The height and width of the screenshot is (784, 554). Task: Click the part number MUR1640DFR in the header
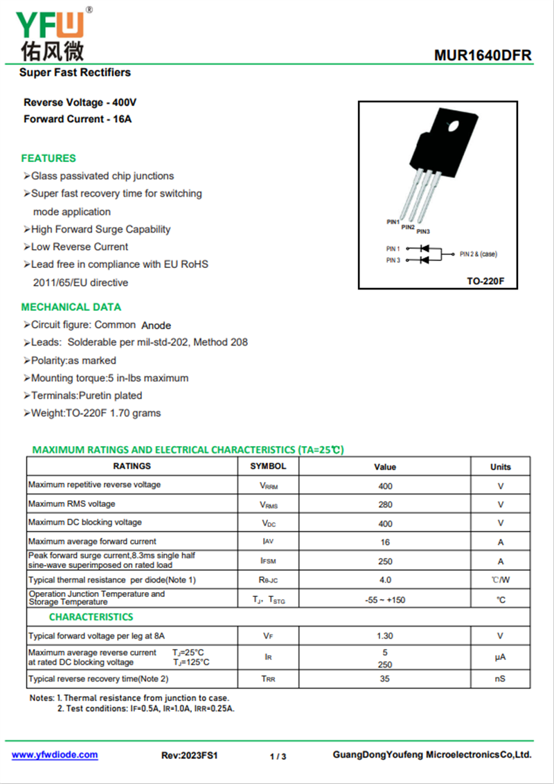(483, 55)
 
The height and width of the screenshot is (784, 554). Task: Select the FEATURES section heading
(48, 158)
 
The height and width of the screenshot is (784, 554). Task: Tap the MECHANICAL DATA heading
(71, 307)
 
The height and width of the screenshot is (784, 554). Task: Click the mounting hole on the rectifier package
(454, 127)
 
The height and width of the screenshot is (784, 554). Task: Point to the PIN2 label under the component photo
(408, 227)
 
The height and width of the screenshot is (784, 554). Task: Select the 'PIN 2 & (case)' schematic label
(478, 254)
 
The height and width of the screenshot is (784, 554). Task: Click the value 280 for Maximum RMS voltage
(385, 505)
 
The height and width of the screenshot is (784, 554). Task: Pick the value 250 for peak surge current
(385, 561)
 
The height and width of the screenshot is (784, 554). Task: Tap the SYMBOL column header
(268, 466)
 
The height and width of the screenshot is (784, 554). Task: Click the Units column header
(500, 467)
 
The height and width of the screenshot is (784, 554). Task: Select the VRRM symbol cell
(269, 486)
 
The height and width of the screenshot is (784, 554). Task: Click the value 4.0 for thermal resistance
(385, 580)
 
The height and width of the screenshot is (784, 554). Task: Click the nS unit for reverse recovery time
(500, 679)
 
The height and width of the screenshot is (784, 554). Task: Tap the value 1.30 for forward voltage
(385, 636)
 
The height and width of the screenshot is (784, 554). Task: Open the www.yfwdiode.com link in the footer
(55, 755)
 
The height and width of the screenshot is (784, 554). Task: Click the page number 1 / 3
(278, 756)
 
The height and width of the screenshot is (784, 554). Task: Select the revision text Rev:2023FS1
(189, 756)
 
